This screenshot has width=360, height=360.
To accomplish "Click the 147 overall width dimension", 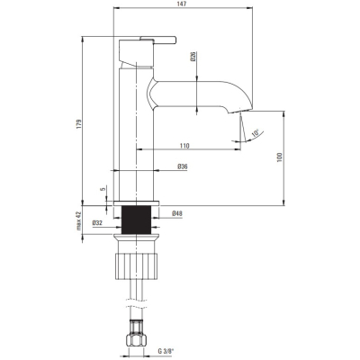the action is click(182, 4).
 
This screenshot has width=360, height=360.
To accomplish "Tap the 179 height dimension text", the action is click(79, 124).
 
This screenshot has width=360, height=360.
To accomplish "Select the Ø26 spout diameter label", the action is click(193, 56).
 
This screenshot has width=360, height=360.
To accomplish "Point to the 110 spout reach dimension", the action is click(184, 146).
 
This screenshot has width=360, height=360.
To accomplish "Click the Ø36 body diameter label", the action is click(183, 166).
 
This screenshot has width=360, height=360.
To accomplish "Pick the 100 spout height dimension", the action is click(280, 157).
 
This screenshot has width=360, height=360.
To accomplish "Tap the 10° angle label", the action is click(256, 133).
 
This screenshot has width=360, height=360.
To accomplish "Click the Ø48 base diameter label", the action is click(177, 213).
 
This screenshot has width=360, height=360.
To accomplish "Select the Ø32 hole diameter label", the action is click(97, 222).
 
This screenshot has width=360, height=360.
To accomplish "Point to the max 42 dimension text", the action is click(79, 220).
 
